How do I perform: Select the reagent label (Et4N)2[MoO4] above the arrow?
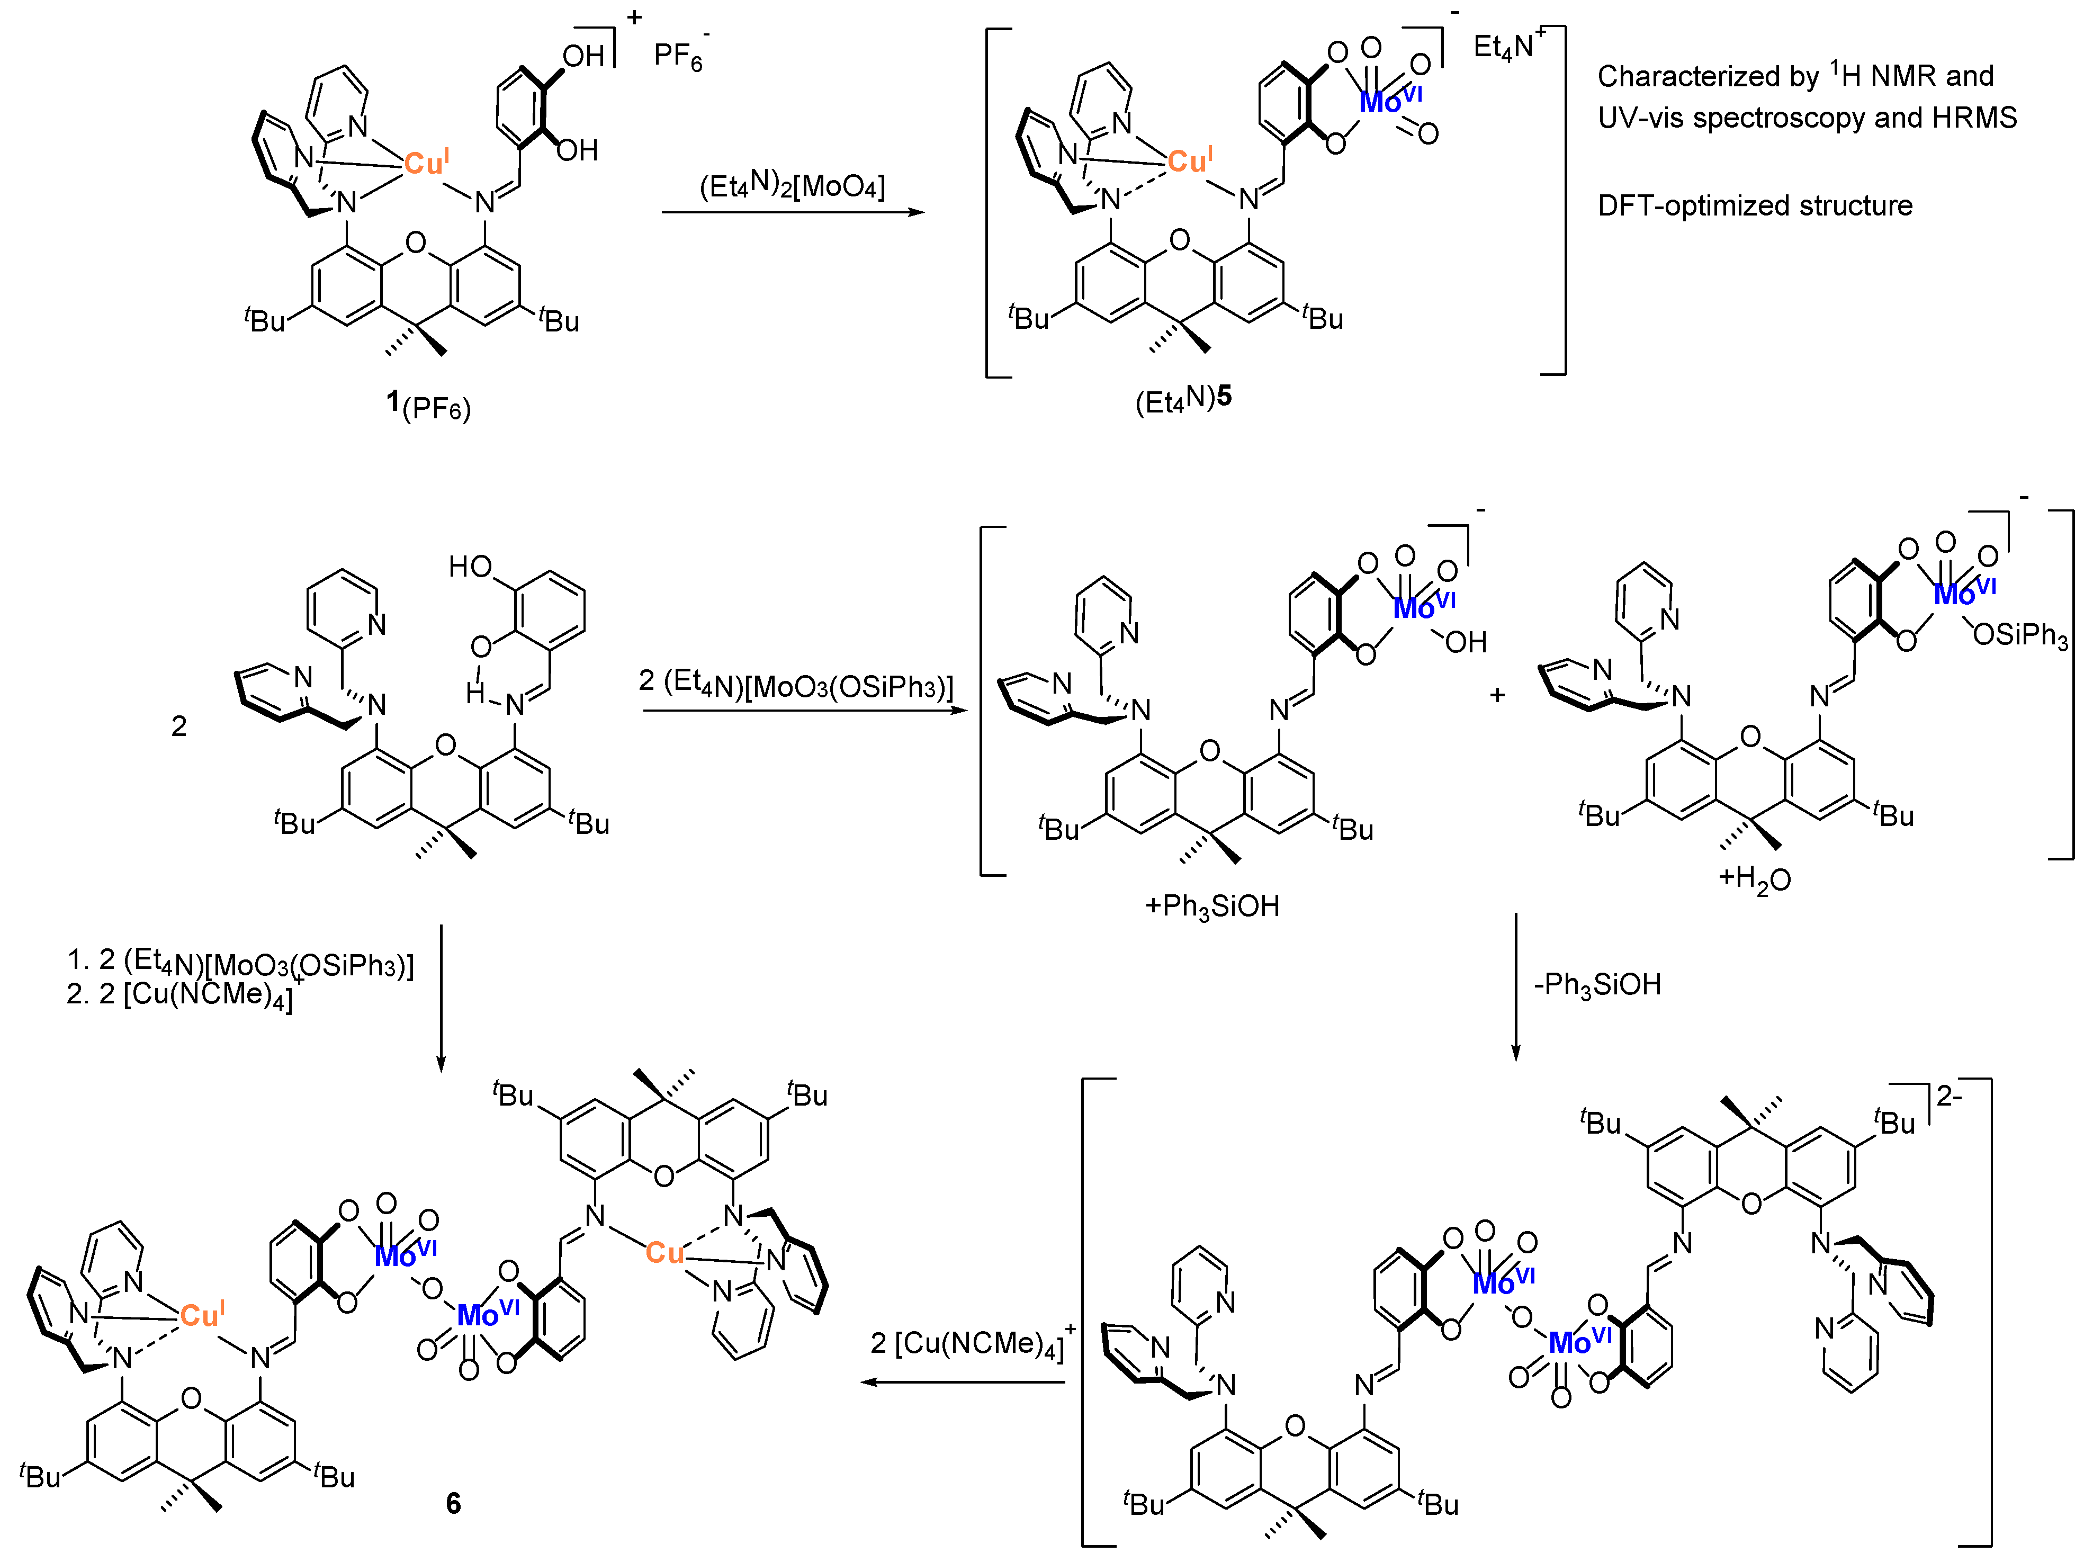tap(792, 186)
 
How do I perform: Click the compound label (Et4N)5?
tap(1183, 399)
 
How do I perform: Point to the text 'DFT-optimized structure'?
tap(1755, 205)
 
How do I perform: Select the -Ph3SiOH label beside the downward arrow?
tap(1597, 984)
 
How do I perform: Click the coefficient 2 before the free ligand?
tap(178, 725)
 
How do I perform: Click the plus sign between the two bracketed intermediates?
tap(1496, 695)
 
